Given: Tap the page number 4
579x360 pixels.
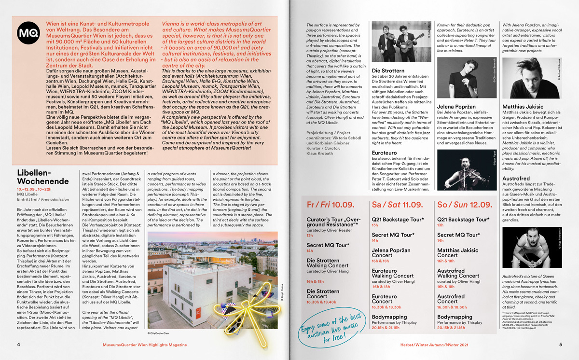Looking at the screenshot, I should pos(18,345).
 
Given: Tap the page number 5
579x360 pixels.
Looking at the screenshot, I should pos(560,345).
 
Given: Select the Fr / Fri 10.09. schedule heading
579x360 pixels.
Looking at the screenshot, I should pos(331,205).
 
